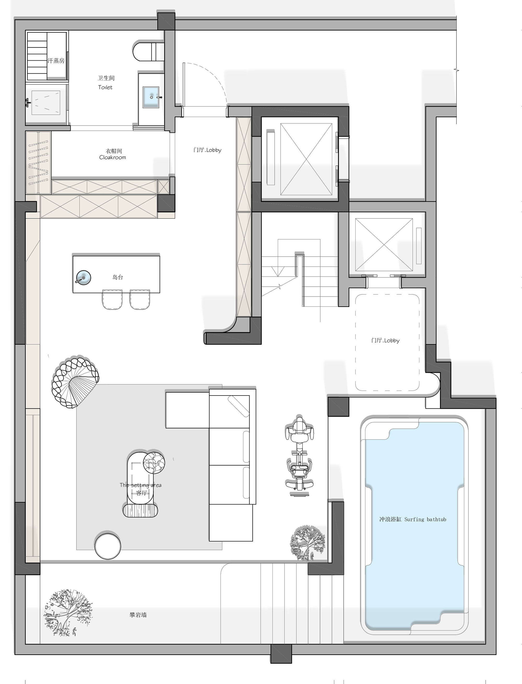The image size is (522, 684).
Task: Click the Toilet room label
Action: pyautogui.click(x=105, y=87)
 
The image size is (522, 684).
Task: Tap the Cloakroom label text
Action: pyautogui.click(x=112, y=158)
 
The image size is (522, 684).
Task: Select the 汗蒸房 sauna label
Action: pyautogui.click(x=56, y=60)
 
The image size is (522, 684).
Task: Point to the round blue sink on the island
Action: pyautogui.click(x=84, y=277)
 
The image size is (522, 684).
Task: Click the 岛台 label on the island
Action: pyautogui.click(x=118, y=277)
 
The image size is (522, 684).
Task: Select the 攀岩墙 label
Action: pyautogui.click(x=138, y=615)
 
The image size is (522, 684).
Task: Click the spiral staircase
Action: pyautogui.click(x=75, y=382)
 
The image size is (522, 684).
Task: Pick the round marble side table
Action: pyautogui.click(x=154, y=463)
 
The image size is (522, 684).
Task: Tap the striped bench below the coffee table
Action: pyautogui.click(x=140, y=510)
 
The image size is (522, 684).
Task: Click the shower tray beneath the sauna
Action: pyautogui.click(x=46, y=103)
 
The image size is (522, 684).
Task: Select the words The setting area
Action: pyautogui.click(x=140, y=485)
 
